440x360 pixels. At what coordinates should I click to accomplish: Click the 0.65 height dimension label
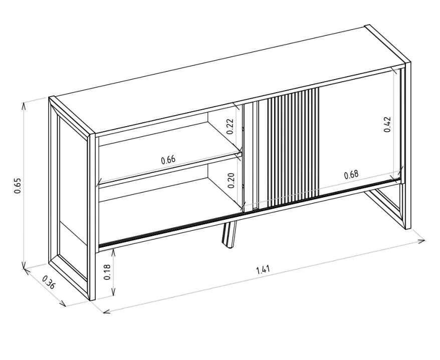(18, 186)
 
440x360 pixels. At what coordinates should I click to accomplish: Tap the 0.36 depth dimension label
(49, 282)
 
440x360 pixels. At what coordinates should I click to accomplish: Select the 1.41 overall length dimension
(263, 270)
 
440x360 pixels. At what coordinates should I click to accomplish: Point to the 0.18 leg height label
(107, 272)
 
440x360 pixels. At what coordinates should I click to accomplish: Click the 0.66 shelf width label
(168, 160)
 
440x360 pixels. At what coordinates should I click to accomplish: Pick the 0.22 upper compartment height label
(230, 127)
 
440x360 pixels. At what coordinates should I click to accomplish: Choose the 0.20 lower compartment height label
(231, 180)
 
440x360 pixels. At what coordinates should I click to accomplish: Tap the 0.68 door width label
(351, 174)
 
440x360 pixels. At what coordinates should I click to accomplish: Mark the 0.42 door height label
(387, 125)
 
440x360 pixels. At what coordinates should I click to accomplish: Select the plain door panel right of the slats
(360, 130)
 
